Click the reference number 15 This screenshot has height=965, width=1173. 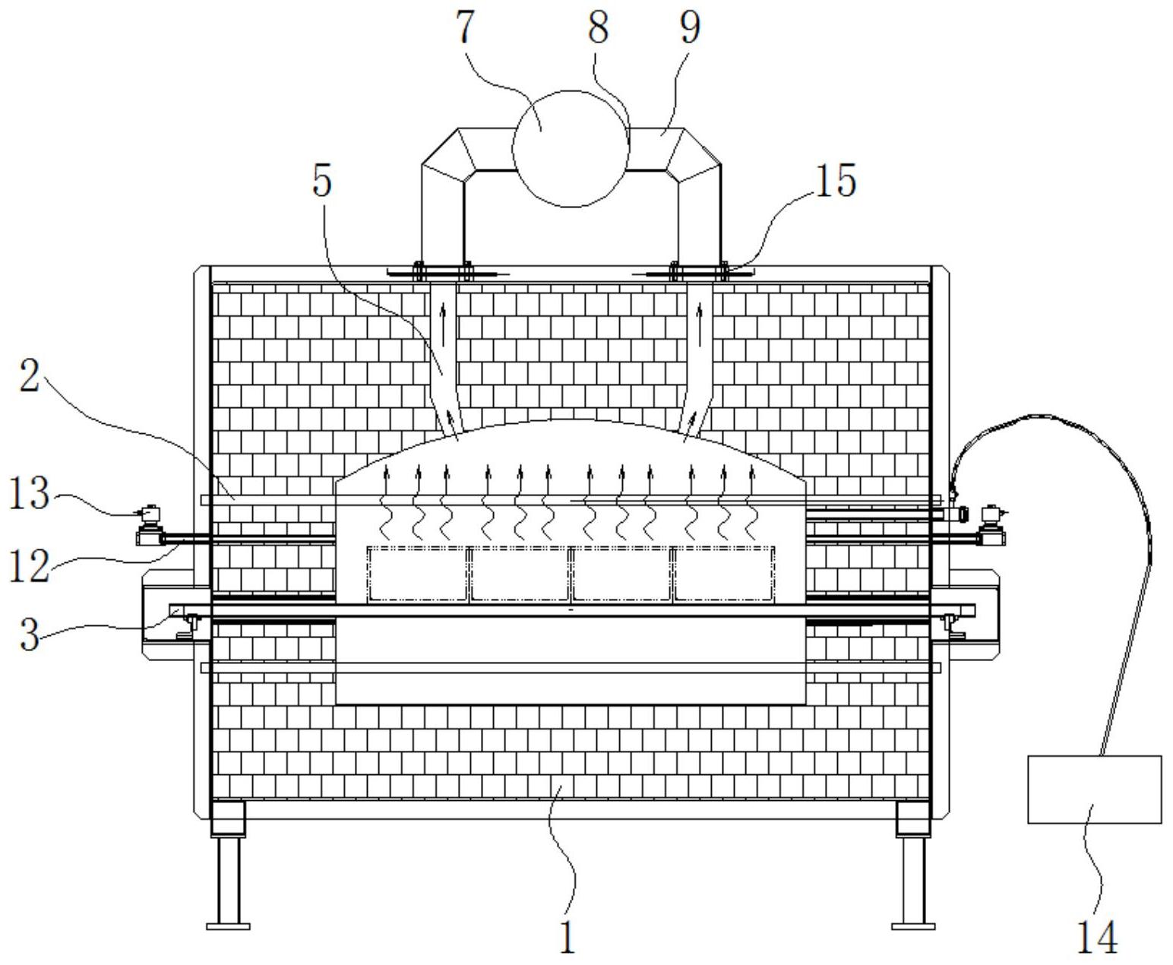[836, 180]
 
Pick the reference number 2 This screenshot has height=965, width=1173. [30, 375]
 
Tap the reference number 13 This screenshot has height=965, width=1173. [30, 493]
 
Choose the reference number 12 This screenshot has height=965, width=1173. [30, 565]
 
